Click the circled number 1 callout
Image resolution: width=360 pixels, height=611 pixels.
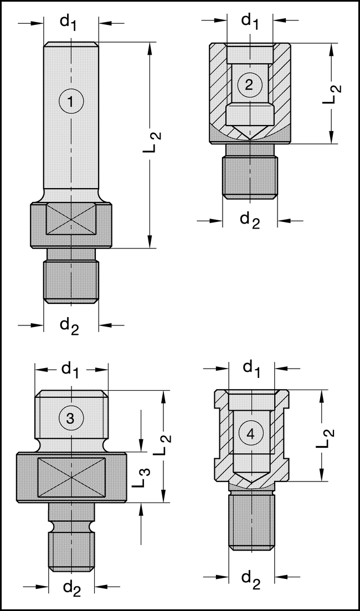pyautogui.click(x=71, y=101)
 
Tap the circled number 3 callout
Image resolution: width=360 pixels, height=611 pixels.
pyautogui.click(x=70, y=419)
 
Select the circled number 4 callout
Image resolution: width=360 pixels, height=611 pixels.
pyautogui.click(x=250, y=435)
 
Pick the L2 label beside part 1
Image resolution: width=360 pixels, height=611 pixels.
pyautogui.click(x=156, y=142)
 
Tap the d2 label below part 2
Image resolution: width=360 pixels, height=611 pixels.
pyautogui.click(x=250, y=220)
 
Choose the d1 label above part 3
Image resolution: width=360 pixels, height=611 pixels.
pyautogui.click(x=70, y=369)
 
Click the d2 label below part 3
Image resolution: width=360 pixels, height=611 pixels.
pyautogui.click(x=71, y=587)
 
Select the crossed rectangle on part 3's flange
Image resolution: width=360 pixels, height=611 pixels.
pyautogui.click(x=71, y=477)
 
